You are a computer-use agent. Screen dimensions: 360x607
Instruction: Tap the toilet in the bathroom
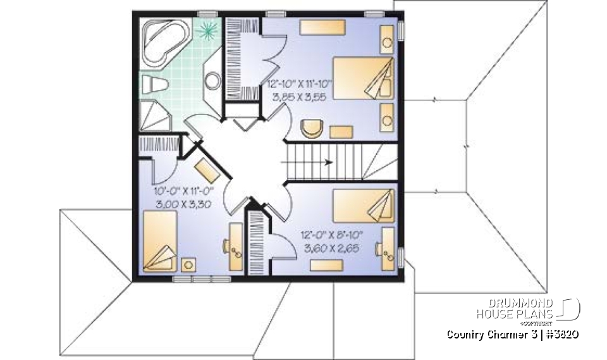[154, 83]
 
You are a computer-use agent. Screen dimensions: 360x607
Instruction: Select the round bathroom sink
[213, 80]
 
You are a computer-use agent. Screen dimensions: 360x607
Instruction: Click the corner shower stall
[154, 115]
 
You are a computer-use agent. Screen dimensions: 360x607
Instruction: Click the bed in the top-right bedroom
[363, 78]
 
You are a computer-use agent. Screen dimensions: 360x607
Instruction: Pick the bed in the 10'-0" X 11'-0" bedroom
[159, 242]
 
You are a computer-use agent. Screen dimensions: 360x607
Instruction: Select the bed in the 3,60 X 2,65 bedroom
[364, 206]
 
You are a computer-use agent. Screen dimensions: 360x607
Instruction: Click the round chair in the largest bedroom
[311, 128]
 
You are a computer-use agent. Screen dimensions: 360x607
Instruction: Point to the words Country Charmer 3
[484, 334]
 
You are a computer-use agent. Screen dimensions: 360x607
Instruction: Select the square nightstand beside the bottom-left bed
[188, 264]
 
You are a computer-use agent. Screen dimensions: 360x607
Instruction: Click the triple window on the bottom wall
[194, 278]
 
